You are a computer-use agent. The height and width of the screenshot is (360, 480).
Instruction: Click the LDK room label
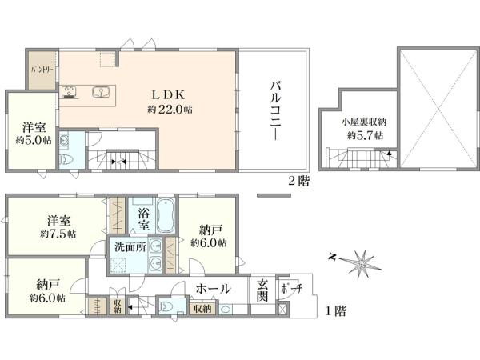169,95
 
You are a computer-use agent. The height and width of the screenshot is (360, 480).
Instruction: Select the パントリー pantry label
42,70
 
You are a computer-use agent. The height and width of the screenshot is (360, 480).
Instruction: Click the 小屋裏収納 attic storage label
364,122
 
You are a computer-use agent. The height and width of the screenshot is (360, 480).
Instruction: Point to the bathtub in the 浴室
166,217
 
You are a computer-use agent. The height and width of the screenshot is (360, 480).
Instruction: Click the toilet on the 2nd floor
65,159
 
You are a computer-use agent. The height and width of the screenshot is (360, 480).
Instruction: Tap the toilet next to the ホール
166,306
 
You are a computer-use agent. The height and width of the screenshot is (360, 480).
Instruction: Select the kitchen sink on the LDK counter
101,91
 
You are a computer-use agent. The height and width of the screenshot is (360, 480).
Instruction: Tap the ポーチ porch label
291,288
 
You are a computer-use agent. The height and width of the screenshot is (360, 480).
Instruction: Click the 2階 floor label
299,182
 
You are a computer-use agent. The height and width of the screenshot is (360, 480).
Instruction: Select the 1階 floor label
336,311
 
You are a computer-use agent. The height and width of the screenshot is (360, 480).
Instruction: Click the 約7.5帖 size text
58,234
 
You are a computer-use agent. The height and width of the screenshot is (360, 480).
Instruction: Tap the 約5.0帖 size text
34,140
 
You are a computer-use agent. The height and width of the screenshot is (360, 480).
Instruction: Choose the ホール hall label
214,289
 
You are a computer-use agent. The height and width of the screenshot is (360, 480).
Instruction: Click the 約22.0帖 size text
170,110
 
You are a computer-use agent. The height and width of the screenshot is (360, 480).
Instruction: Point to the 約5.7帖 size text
365,135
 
